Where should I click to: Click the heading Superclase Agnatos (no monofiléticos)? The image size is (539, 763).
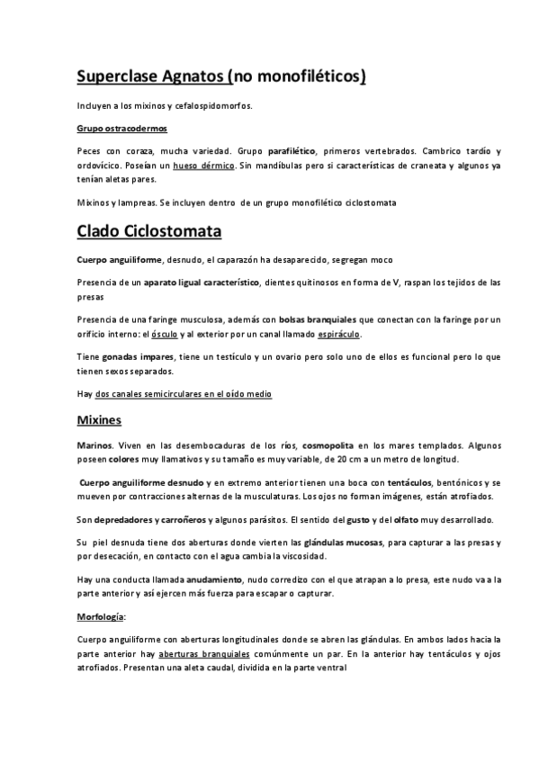pos(221,76)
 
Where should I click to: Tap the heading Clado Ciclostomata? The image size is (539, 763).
pos(149,232)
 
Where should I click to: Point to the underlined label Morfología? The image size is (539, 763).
pos(101,617)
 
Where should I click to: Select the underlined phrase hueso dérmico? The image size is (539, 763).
pos(203,166)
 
